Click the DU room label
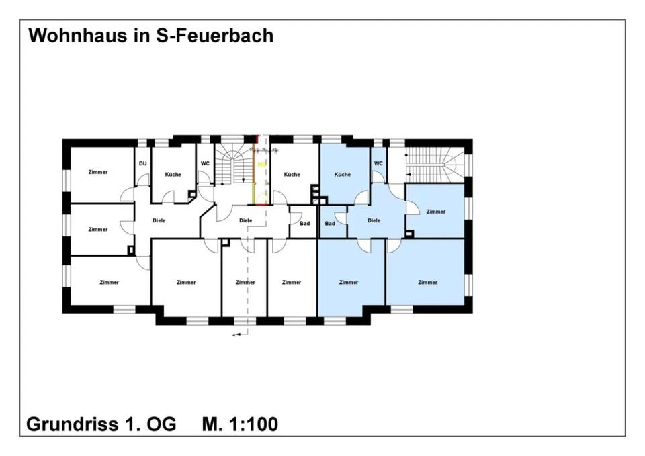[x=142, y=163]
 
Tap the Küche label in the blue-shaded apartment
[x=342, y=175]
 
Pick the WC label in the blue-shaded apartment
[x=378, y=163]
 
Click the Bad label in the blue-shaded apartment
[x=330, y=223]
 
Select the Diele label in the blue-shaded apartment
[x=374, y=220]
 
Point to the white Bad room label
[x=305, y=223]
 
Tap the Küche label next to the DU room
[x=173, y=175]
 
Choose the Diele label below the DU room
[x=159, y=220]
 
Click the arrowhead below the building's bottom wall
[x=235, y=334]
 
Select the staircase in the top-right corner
[x=433, y=163]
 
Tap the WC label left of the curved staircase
[x=205, y=163]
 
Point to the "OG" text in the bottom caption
[x=162, y=424]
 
